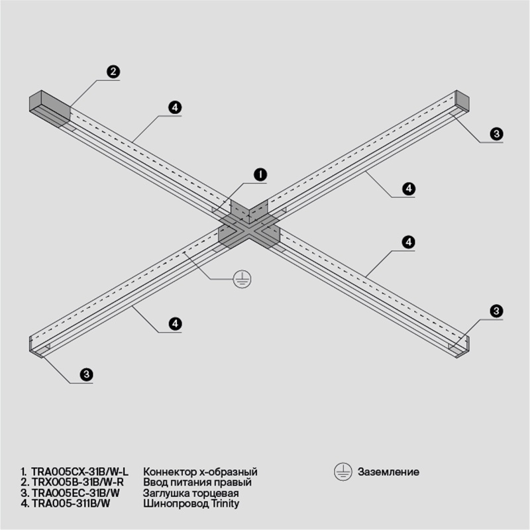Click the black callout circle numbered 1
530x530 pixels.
click(x=260, y=174)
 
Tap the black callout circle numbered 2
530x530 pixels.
click(x=113, y=72)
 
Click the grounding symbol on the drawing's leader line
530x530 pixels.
click(x=242, y=279)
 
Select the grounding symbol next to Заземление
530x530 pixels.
click(x=343, y=472)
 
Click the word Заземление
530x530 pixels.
click(x=388, y=472)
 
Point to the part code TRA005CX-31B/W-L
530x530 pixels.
click(x=79, y=472)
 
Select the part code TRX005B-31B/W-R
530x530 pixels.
click(x=78, y=482)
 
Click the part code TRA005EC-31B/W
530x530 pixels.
click(x=76, y=493)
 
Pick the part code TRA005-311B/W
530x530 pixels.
click(x=71, y=503)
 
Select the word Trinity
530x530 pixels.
click(x=225, y=503)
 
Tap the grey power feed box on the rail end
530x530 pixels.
click(x=50, y=109)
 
